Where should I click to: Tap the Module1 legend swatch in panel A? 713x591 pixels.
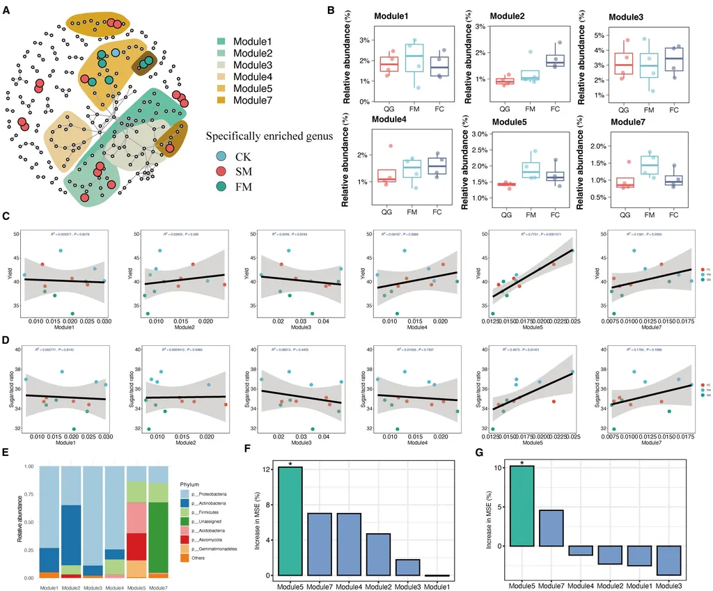pyautogui.click(x=222, y=42)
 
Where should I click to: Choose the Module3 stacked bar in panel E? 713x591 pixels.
pyautogui.click(x=93, y=521)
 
